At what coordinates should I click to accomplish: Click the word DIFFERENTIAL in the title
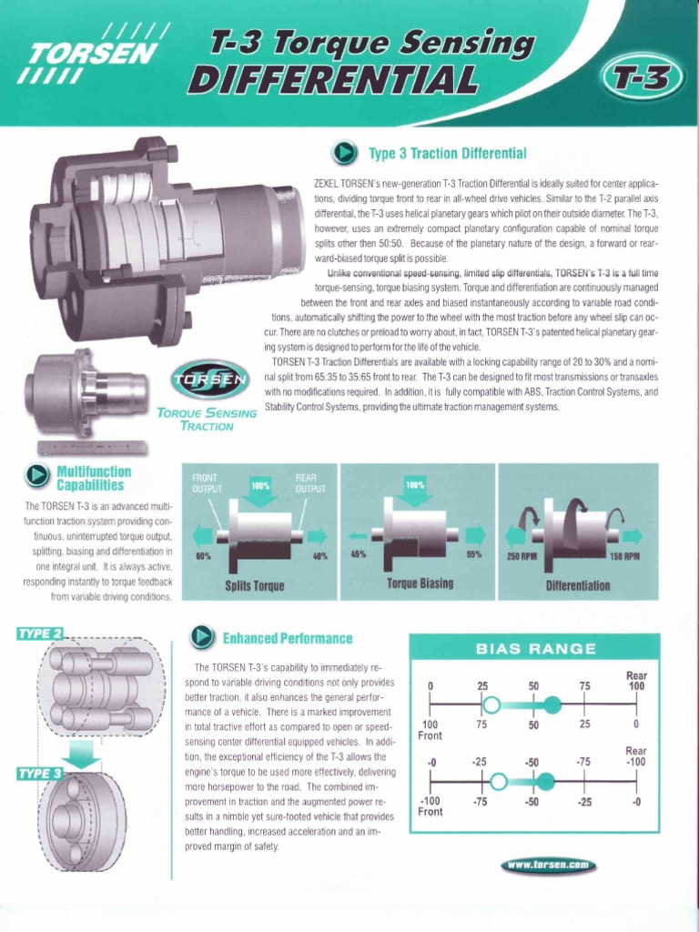[331, 81]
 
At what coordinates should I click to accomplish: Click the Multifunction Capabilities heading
[94, 479]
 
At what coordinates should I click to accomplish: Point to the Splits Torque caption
[255, 585]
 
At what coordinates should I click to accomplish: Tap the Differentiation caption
[577, 584]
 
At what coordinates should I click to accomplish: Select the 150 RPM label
[623, 555]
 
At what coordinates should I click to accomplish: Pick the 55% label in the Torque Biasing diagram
[472, 554]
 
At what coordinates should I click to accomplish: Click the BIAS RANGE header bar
[536, 648]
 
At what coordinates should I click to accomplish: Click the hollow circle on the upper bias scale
[491, 704]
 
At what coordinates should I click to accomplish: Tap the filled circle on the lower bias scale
[544, 781]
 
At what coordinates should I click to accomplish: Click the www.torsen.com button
[548, 866]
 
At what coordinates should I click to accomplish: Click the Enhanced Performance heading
[288, 638]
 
